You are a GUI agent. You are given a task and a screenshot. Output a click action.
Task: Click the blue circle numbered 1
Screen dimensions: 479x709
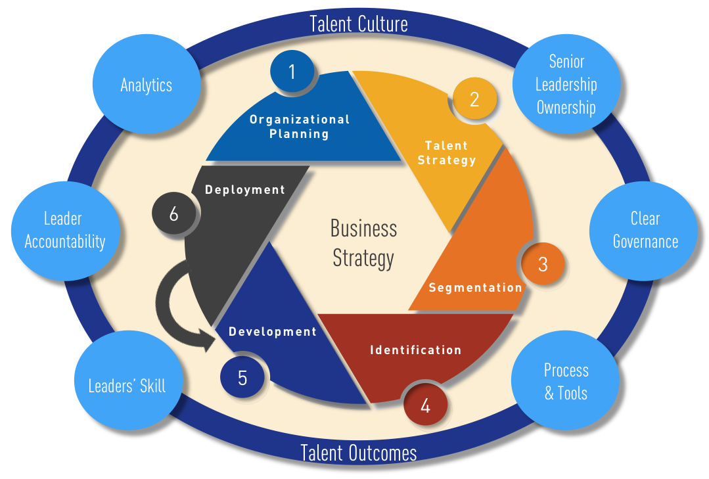[292, 72]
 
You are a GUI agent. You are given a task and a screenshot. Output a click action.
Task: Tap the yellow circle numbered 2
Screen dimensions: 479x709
[474, 99]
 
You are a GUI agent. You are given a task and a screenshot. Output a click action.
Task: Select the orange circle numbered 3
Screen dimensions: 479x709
[543, 263]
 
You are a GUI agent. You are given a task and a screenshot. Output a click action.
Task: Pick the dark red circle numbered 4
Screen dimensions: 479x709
[425, 405]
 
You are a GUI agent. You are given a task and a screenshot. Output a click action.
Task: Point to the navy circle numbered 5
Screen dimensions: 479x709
[242, 378]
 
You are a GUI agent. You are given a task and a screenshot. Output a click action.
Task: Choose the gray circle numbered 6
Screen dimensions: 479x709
[173, 214]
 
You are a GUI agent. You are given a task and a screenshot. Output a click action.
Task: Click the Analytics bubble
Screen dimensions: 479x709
[146, 85]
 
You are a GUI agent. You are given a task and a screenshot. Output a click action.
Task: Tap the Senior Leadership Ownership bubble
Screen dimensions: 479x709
[566, 85]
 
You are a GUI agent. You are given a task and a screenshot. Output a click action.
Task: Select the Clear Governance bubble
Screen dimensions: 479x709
[645, 230]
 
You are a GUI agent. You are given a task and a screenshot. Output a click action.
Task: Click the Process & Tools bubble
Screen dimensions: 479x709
[565, 382]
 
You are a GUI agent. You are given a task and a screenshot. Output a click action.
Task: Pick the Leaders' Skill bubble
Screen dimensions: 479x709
[127, 385]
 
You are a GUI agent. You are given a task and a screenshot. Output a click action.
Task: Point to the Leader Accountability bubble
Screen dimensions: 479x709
[64, 230]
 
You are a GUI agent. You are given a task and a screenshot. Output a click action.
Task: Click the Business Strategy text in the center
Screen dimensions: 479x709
[363, 242]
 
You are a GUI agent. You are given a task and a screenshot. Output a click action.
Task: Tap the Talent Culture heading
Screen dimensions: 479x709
[359, 24]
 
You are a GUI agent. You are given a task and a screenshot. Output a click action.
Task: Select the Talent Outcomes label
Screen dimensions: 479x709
[359, 453]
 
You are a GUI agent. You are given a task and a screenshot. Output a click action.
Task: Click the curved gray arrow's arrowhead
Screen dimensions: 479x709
[210, 340]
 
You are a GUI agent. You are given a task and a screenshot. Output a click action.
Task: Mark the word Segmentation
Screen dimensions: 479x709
[475, 288]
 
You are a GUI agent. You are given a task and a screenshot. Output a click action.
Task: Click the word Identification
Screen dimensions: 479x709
[415, 350]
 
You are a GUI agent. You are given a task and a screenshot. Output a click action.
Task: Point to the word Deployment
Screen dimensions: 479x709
[245, 190]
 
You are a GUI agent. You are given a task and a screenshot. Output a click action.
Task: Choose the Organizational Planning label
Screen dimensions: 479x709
[300, 126]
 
